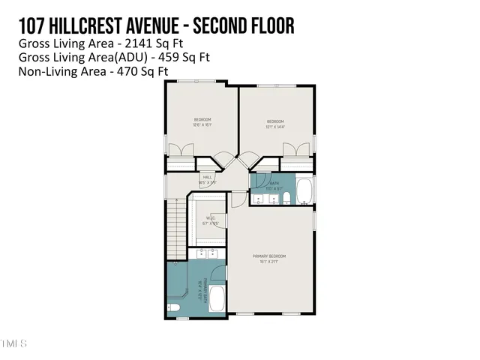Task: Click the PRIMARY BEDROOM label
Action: pos(269,259)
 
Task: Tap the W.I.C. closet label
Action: pos(211,220)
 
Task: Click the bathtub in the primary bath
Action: pos(216,299)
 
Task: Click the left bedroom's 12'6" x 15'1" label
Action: pos(202,125)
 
